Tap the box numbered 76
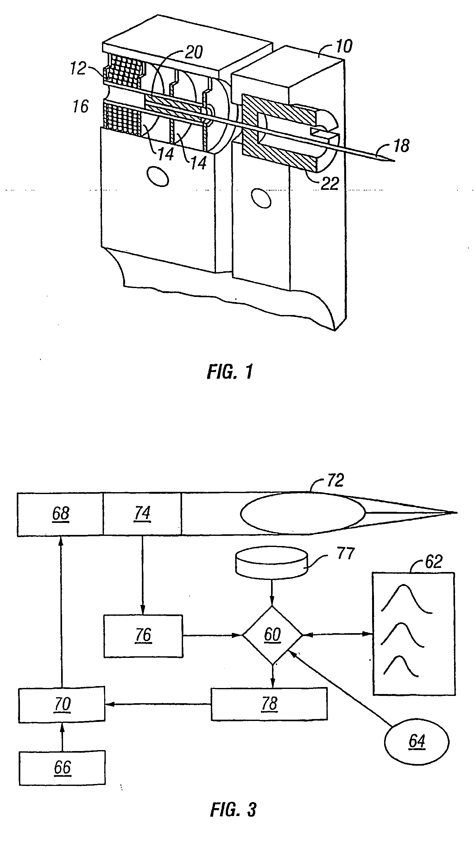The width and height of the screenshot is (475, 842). (x=143, y=636)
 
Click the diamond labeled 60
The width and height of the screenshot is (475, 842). (x=272, y=635)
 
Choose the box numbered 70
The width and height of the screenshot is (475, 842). (x=62, y=704)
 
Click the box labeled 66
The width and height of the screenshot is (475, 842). (x=62, y=768)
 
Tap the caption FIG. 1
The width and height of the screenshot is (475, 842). (x=230, y=372)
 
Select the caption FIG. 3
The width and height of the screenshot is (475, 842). (x=233, y=807)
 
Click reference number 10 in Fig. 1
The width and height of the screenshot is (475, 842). (x=344, y=46)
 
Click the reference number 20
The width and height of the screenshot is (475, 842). (x=194, y=52)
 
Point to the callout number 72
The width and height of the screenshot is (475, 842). (x=335, y=480)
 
